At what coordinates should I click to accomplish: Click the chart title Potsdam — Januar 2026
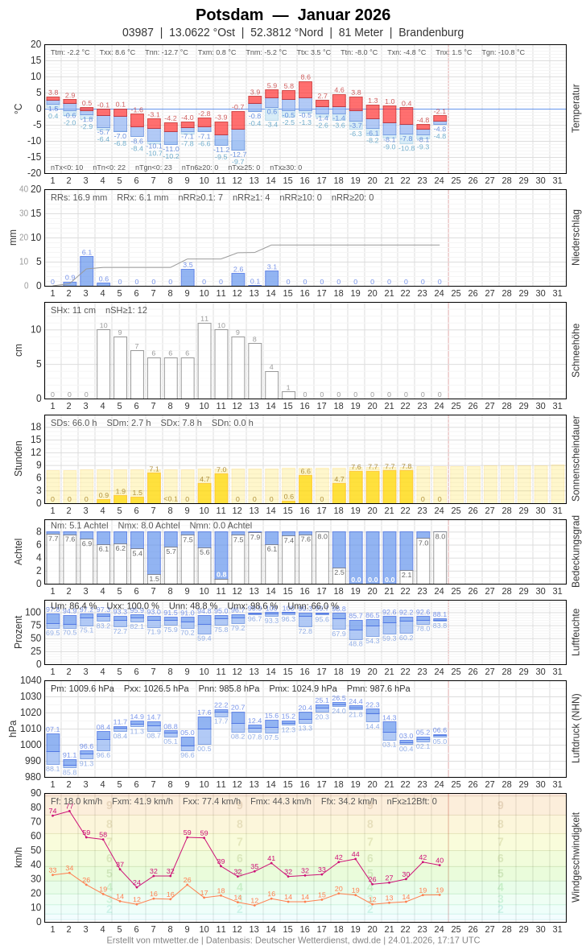tap(293, 14)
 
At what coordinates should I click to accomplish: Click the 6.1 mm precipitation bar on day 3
tap(86, 271)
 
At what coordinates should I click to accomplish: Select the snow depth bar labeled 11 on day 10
tap(204, 361)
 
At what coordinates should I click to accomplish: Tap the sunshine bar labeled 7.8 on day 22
tap(406, 486)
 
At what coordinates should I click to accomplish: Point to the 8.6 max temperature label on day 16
tap(306, 77)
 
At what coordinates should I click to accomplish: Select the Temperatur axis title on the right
tap(576, 109)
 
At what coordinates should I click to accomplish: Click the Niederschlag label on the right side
tap(576, 238)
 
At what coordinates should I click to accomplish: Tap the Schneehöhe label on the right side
tap(576, 350)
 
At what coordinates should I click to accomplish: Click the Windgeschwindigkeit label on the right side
tap(576, 857)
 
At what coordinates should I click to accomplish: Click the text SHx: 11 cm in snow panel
tap(73, 310)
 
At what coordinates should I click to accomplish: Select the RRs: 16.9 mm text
tap(79, 197)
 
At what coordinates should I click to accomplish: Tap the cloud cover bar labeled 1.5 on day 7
tap(154, 578)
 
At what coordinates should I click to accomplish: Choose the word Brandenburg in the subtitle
tap(431, 32)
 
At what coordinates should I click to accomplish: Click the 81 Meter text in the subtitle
tap(361, 32)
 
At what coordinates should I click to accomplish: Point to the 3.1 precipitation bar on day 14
tap(272, 279)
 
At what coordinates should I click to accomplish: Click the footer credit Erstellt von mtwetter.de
tap(153, 940)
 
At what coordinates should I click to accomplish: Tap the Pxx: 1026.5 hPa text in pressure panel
tap(156, 688)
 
